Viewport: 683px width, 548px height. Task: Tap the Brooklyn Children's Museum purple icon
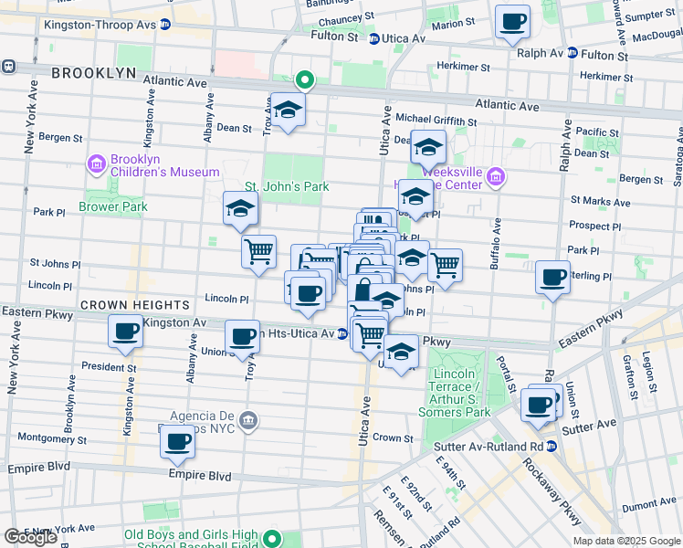click(97, 164)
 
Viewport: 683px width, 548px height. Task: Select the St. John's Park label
click(296, 186)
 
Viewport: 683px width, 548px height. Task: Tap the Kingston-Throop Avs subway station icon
click(165, 25)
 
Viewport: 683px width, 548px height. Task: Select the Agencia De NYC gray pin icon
click(248, 421)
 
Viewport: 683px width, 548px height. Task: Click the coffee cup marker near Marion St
click(512, 21)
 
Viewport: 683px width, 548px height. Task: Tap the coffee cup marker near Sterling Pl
click(552, 277)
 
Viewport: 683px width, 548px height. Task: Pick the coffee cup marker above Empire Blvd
click(178, 442)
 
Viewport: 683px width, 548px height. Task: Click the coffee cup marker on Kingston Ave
click(124, 332)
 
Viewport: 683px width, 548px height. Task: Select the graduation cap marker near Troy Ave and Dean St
click(289, 111)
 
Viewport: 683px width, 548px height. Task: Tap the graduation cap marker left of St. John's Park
click(241, 209)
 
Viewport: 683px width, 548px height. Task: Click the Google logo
click(30, 536)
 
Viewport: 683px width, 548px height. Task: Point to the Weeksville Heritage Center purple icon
click(496, 177)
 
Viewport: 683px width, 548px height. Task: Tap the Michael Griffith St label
click(436, 121)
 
